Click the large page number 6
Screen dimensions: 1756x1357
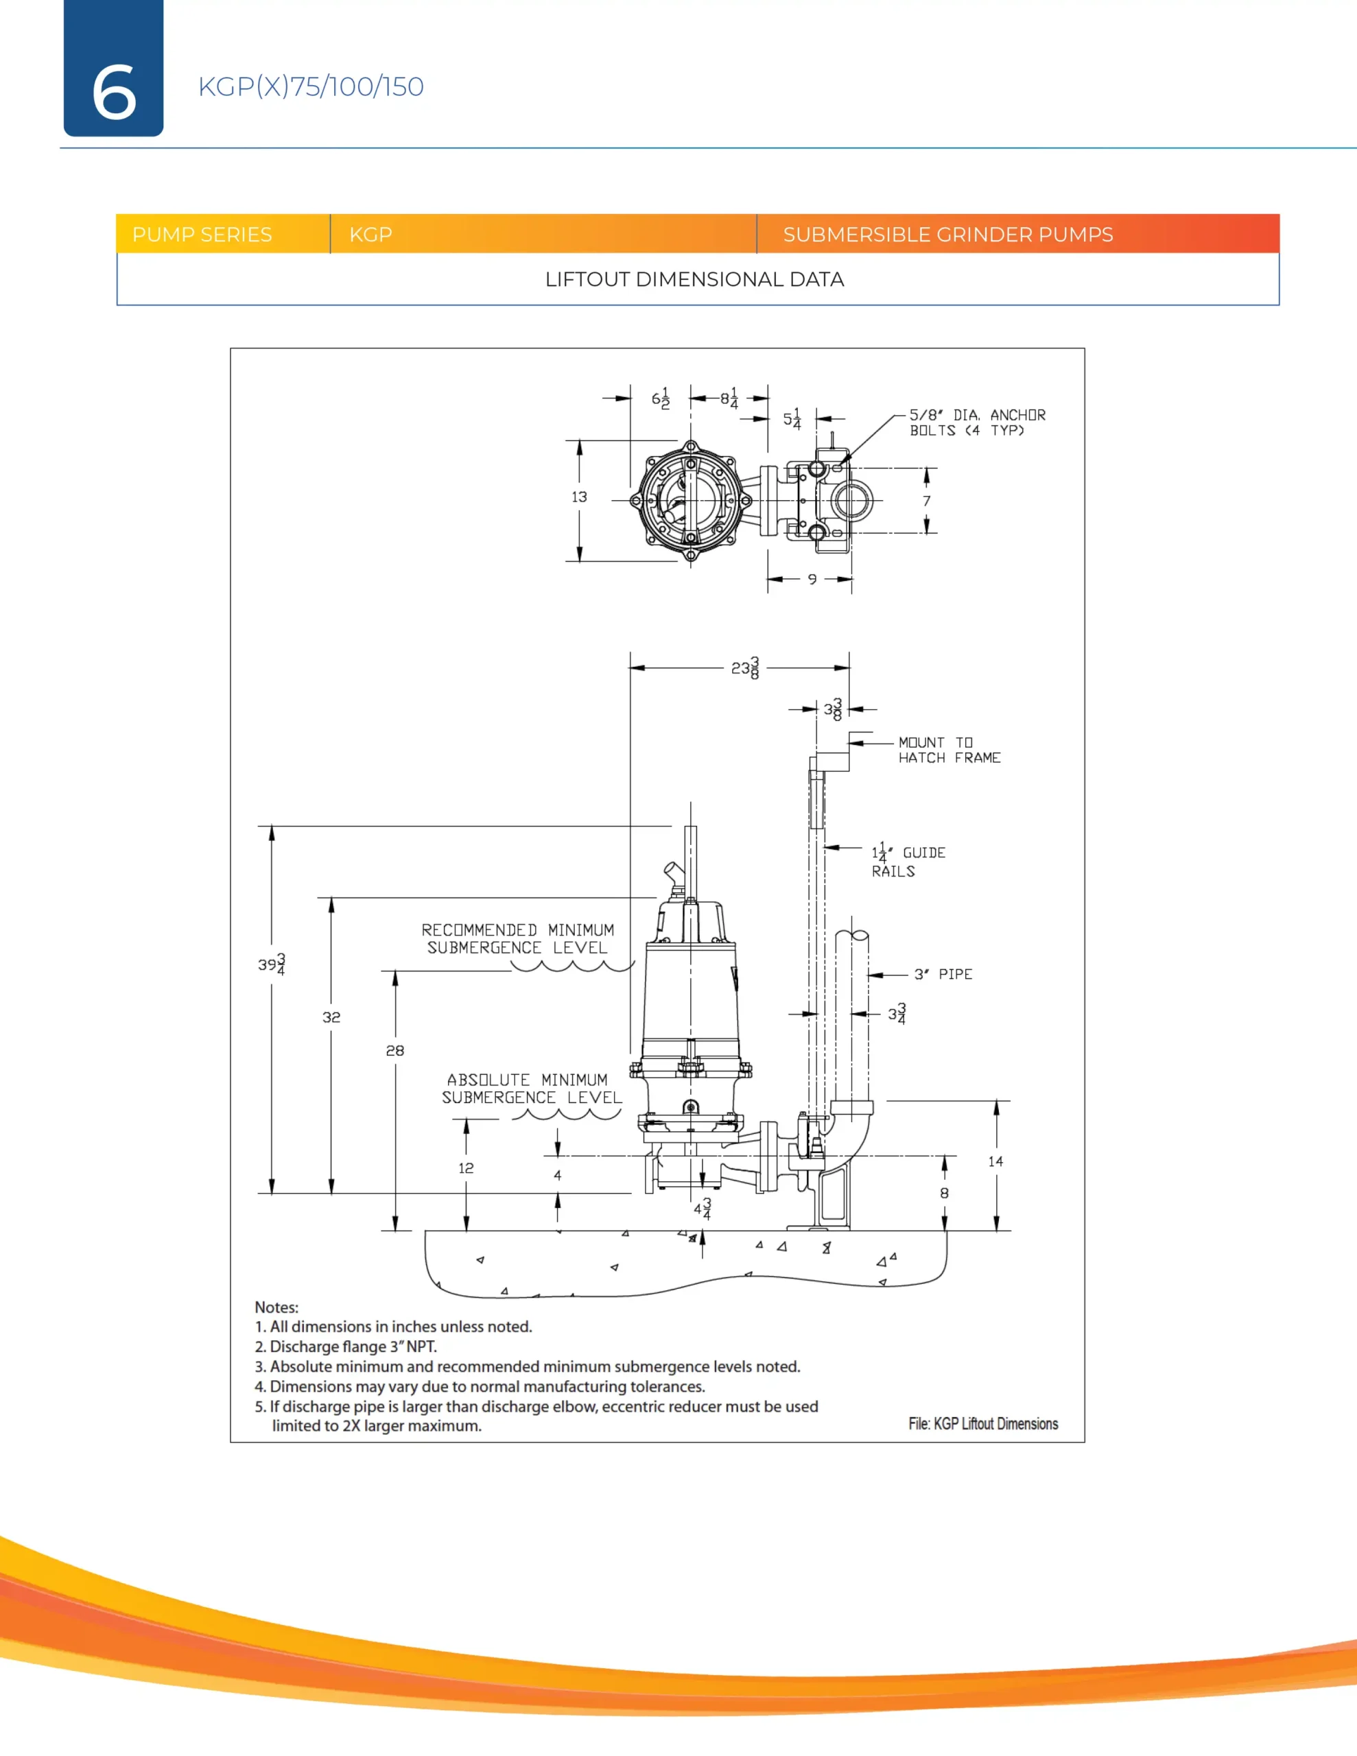coord(113,92)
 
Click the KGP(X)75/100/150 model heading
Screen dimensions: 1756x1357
coord(311,86)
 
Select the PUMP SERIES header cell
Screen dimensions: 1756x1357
coord(202,234)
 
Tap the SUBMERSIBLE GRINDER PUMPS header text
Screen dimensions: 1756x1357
coord(947,234)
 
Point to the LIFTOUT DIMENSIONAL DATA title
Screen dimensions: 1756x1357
coord(694,279)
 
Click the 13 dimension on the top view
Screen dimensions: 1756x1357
coord(579,497)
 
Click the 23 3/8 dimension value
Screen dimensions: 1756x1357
coord(745,668)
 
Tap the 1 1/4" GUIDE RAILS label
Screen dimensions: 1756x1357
coord(908,860)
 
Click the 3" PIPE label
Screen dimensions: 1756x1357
coord(943,975)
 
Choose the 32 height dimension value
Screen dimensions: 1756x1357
coord(331,1017)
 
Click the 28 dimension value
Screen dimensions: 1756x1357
coord(395,1050)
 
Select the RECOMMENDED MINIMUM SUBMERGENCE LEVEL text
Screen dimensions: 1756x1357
coord(517,938)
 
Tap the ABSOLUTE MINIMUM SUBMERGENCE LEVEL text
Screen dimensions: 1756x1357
coord(531,1088)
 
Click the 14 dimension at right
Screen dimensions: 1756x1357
coord(996,1161)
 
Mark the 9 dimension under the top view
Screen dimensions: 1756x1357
coord(812,579)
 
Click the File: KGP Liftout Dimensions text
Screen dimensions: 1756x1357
coord(983,1423)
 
